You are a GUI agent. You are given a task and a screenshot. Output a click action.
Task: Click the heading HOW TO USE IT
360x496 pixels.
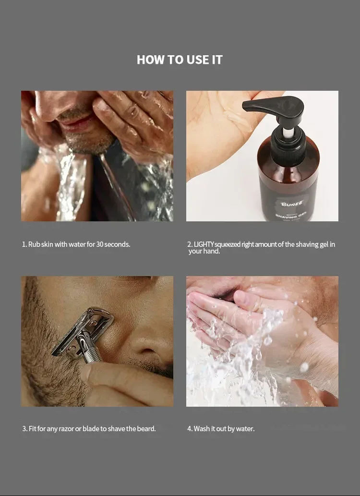(180, 60)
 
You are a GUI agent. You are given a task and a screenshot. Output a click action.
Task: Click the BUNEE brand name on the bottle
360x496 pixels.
(291, 204)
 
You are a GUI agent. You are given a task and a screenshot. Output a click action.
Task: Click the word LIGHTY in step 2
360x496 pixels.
(204, 244)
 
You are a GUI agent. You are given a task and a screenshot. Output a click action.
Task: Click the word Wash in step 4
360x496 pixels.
(202, 429)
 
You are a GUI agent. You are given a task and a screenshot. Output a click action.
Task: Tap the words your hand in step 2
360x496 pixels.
(204, 251)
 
